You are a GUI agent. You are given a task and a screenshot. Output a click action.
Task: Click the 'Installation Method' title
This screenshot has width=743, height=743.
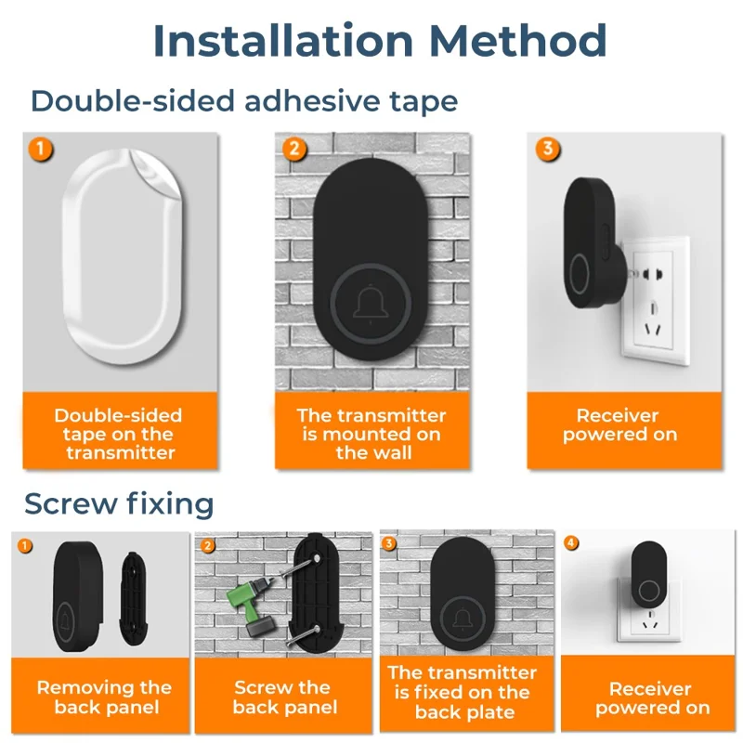380,41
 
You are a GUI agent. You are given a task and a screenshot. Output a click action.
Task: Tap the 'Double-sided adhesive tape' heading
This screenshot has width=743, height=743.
244,101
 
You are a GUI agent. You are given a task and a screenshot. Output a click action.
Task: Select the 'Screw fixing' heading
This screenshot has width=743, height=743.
119,502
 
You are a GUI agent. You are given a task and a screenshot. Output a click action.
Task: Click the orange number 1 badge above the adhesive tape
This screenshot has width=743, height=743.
41,150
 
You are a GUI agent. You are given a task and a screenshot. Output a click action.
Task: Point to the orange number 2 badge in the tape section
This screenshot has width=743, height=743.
294,150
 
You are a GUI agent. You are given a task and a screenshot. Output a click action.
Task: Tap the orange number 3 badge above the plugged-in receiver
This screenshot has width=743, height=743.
548,150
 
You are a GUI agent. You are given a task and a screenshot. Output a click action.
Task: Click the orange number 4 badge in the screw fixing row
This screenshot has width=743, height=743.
571,542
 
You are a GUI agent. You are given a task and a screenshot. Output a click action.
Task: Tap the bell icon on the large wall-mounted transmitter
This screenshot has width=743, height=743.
371,303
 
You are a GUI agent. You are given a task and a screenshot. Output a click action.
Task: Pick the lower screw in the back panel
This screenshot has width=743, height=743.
304,636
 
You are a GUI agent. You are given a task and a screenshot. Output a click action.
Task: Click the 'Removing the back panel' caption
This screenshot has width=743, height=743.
105,697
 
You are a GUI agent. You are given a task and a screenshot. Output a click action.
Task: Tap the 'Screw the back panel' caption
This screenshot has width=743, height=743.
285,697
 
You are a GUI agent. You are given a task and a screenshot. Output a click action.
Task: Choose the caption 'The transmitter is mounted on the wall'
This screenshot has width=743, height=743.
372,434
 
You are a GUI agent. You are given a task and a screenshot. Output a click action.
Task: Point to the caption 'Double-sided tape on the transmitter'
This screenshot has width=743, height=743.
119,434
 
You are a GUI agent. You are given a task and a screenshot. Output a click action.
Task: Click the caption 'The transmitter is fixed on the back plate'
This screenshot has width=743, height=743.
463,692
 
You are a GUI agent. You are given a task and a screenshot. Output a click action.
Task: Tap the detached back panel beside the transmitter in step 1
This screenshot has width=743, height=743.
134,598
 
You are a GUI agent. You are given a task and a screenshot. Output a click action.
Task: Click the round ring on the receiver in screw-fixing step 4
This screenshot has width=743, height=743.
648,591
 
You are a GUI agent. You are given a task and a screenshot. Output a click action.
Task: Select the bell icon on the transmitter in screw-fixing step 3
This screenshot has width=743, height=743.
463,619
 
